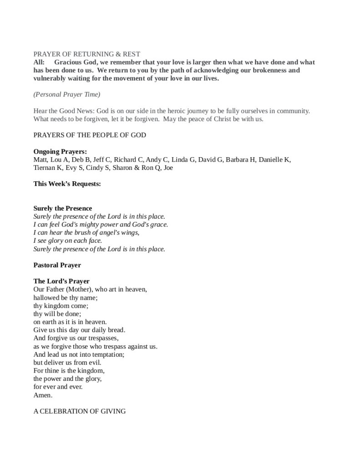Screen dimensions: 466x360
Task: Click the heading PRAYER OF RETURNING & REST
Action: pos(87,54)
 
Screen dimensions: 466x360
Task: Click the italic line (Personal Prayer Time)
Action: pos(67,94)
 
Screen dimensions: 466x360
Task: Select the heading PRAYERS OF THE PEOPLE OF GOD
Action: pos(90,135)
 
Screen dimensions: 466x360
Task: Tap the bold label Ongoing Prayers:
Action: pos(60,151)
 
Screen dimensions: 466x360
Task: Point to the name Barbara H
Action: pos(239,159)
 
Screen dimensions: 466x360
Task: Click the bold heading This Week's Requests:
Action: pos(67,184)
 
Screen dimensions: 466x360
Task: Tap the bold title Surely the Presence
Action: pos(63,208)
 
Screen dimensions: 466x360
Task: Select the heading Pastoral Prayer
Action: pos(57,265)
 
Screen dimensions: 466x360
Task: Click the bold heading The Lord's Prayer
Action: pos(61,281)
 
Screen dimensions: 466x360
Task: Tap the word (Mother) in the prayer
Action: pos(76,289)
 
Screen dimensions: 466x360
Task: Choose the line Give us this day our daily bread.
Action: pos(79,330)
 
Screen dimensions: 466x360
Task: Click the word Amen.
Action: pos(43,395)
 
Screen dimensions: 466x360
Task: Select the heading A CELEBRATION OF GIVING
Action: pos(80,411)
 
